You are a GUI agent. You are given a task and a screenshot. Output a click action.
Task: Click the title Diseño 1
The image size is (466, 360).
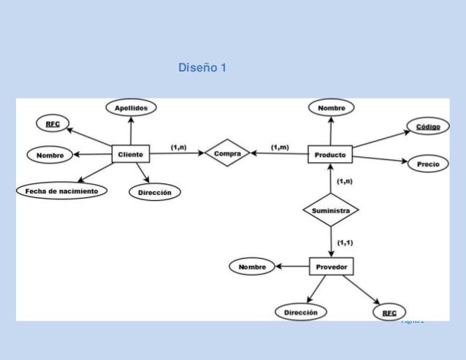pos(202,68)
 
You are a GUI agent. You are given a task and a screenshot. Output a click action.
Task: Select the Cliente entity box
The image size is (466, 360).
pos(131,154)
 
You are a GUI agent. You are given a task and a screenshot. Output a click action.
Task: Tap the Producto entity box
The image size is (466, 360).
pos(330,155)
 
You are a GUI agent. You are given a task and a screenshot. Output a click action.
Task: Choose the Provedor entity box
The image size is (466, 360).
pos(331,267)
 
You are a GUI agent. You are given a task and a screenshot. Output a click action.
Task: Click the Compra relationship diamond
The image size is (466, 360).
pos(228,153)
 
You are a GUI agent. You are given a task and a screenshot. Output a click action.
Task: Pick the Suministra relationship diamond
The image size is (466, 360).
pos(331,210)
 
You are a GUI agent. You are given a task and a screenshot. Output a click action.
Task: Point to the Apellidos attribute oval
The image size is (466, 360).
pos(131,107)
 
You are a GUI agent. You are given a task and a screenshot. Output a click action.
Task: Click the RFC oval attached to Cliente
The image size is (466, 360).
pos(53,124)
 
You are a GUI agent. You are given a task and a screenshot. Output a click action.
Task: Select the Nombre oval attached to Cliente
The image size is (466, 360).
pos(50,155)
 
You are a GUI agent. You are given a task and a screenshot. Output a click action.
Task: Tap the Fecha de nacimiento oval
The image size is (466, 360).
pos(61,191)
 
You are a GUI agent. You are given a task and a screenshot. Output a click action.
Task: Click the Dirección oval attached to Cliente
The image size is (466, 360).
pos(155,192)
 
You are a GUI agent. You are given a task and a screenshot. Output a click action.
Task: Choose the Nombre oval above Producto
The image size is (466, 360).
pos(332,108)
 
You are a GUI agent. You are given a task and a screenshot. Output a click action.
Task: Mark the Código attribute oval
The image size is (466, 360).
pos(428,127)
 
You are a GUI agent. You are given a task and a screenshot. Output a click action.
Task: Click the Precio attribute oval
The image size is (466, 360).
pos(428,164)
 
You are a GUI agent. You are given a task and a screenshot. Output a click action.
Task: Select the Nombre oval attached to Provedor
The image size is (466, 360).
pos(251,267)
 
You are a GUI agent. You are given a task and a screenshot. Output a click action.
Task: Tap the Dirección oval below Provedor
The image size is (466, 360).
pos(301,312)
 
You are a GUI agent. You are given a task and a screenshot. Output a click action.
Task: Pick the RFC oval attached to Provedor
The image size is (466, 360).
pos(389,313)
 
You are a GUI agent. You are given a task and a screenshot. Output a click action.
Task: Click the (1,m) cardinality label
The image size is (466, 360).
pos(280,148)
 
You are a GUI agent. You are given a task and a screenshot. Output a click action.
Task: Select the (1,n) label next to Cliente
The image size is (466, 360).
pos(178,148)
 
